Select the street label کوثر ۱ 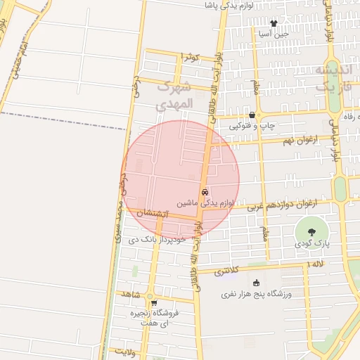tap(191, 56)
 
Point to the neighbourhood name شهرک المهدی tap(173, 96)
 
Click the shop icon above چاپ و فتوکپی tap(252, 115)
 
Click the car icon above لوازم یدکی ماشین tap(205, 192)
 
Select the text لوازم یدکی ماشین tap(204, 202)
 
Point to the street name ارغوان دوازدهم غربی tap(293, 204)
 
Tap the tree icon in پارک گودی tap(311, 231)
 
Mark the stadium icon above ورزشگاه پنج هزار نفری tap(246, 283)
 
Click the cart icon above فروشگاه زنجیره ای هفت tap(153, 303)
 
